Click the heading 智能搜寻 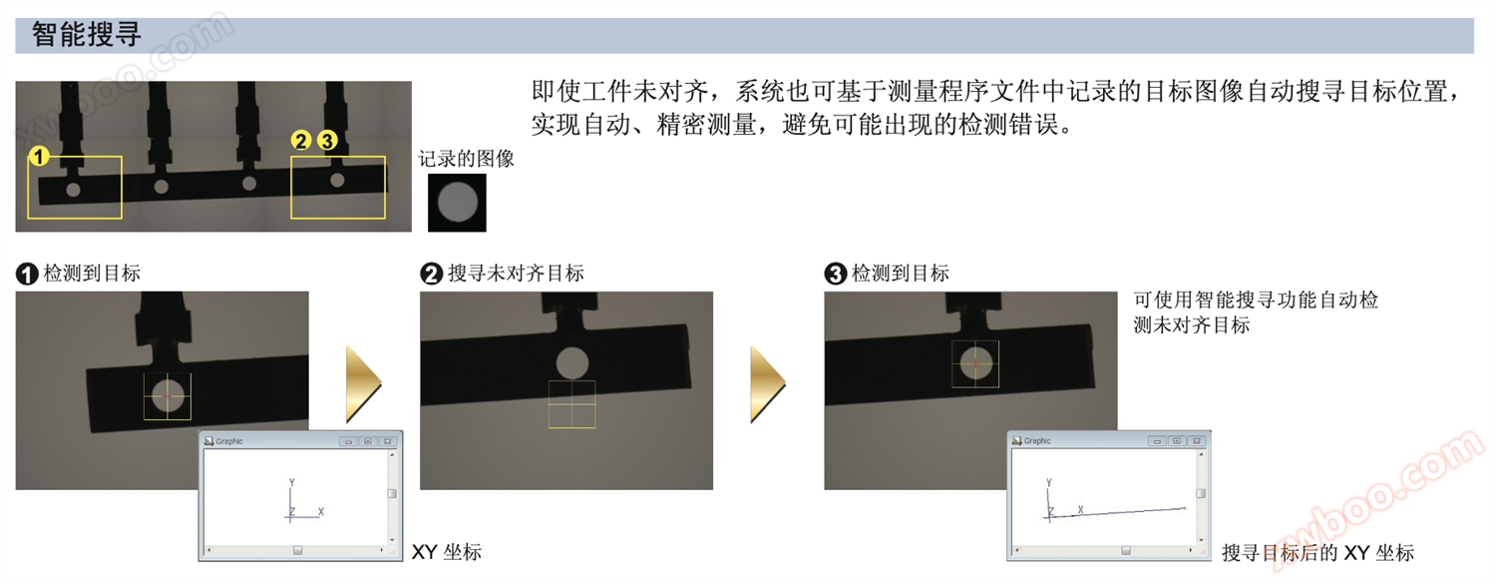[87, 35]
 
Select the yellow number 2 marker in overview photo [301, 141]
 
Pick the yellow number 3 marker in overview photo [327, 141]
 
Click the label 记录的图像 [466, 159]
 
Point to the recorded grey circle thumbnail [457, 203]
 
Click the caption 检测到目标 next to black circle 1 [92, 274]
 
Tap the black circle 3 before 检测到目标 [836, 274]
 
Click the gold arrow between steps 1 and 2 [363, 383]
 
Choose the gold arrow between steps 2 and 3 [768, 383]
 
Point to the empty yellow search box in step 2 [572, 404]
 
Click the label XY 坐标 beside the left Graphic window [447, 552]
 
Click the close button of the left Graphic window [388, 441]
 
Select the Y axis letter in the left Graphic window [292, 482]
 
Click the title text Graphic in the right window [1037, 440]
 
